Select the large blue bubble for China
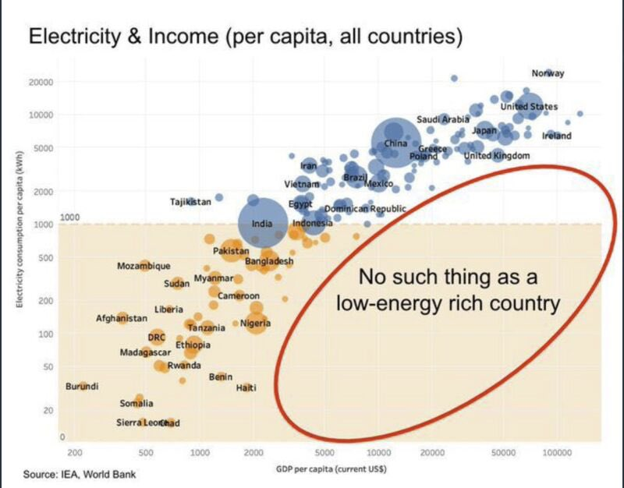tap(395, 143)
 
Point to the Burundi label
tap(81, 387)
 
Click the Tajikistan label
tap(190, 202)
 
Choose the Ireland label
tap(557, 136)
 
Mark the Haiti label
tap(246, 388)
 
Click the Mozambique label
tap(144, 266)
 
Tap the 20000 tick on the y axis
tap(41, 82)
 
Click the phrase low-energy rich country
tap(448, 303)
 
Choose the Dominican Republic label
tap(365, 209)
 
